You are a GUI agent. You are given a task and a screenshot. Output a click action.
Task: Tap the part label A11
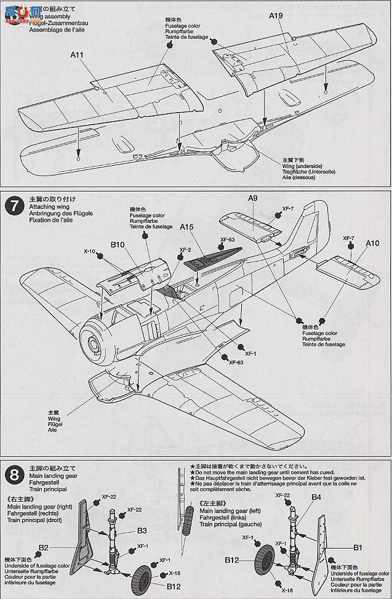[x=77, y=55]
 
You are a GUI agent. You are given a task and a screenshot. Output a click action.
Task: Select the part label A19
[x=274, y=18]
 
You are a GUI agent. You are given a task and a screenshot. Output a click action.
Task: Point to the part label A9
[x=252, y=198]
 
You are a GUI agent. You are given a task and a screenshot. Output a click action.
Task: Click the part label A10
[x=372, y=243]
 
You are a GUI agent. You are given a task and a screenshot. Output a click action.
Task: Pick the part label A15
[x=188, y=227]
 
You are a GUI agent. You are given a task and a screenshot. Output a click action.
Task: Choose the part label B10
[x=118, y=245]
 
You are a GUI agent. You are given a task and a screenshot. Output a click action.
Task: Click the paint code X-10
[x=90, y=251]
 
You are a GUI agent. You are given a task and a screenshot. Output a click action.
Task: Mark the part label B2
[x=43, y=547]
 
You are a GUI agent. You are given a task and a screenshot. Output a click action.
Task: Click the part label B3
[x=142, y=530]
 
